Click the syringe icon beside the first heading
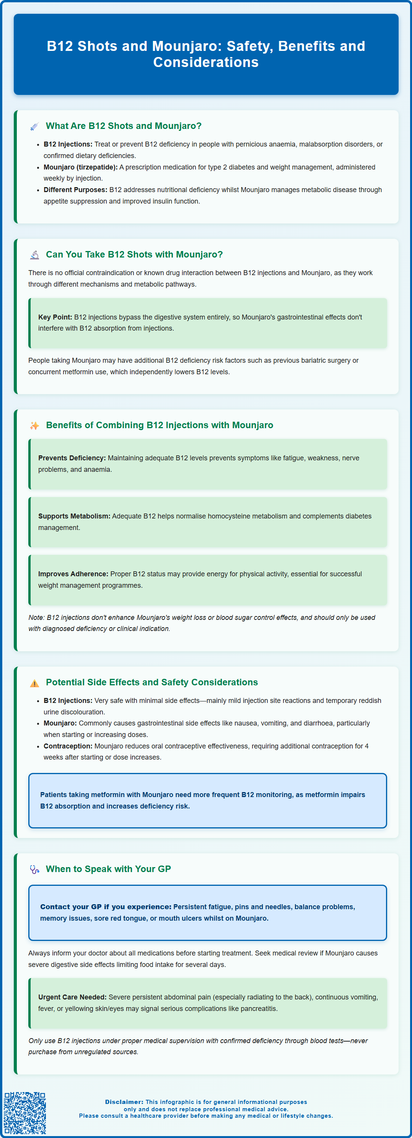(x=34, y=126)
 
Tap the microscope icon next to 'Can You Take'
(x=34, y=255)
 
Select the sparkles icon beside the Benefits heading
(x=34, y=426)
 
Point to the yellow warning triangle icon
(x=34, y=683)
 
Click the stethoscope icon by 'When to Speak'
(x=34, y=869)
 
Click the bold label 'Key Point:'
(x=55, y=317)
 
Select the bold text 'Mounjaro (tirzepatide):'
(x=80, y=167)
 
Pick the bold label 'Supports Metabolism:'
(x=74, y=516)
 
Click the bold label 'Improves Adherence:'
(x=73, y=574)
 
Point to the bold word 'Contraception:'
(x=68, y=746)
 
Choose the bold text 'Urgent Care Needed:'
(x=72, y=997)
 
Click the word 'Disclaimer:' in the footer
(x=124, y=1102)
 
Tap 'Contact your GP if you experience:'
(x=106, y=906)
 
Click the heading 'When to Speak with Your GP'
(x=108, y=869)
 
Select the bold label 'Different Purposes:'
(x=75, y=190)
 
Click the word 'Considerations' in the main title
(x=206, y=62)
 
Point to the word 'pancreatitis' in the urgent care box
(x=258, y=1009)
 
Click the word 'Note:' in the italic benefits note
(x=37, y=618)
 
